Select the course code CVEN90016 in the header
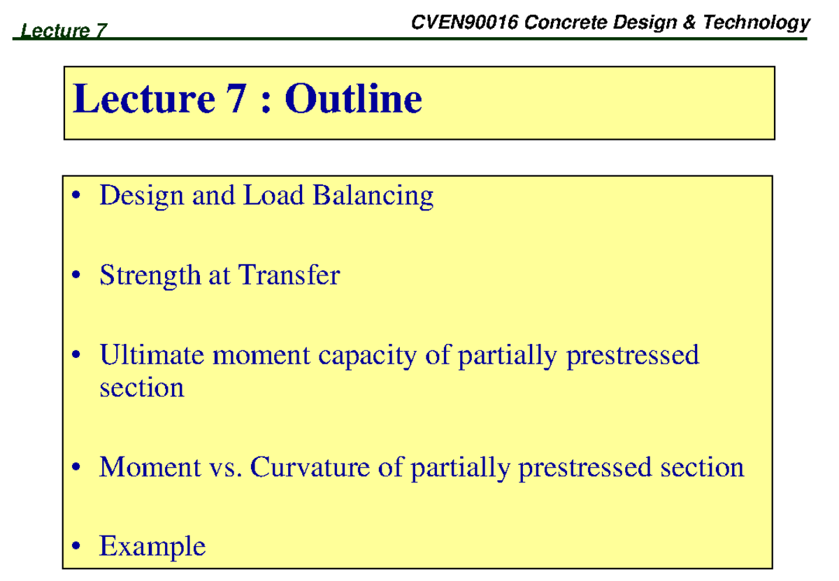[x=465, y=23]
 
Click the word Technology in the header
[x=756, y=23]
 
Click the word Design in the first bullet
[x=136, y=196]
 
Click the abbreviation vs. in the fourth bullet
[x=226, y=467]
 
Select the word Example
[x=152, y=546]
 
